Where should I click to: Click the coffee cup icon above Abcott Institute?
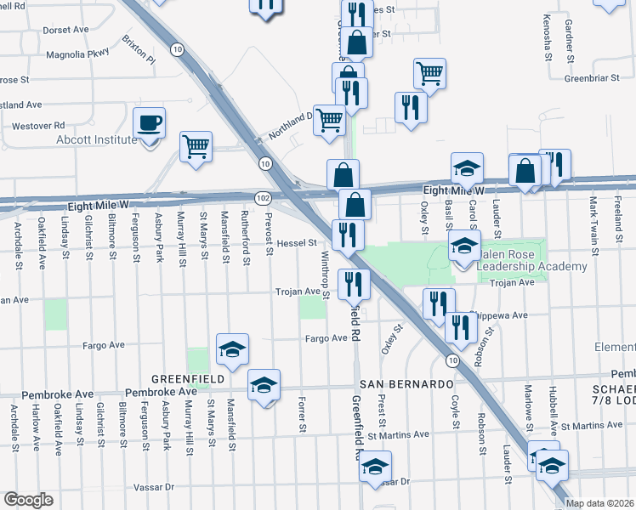pos(150,122)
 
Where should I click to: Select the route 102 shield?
pos(263,198)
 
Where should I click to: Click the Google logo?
pos(28,500)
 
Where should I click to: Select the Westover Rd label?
pos(38,127)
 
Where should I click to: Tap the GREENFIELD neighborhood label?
pos(188,378)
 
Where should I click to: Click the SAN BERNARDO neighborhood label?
pos(403,384)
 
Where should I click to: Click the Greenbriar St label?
pos(597,77)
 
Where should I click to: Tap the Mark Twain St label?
pos(593,219)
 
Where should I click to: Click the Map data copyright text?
pos(599,503)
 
